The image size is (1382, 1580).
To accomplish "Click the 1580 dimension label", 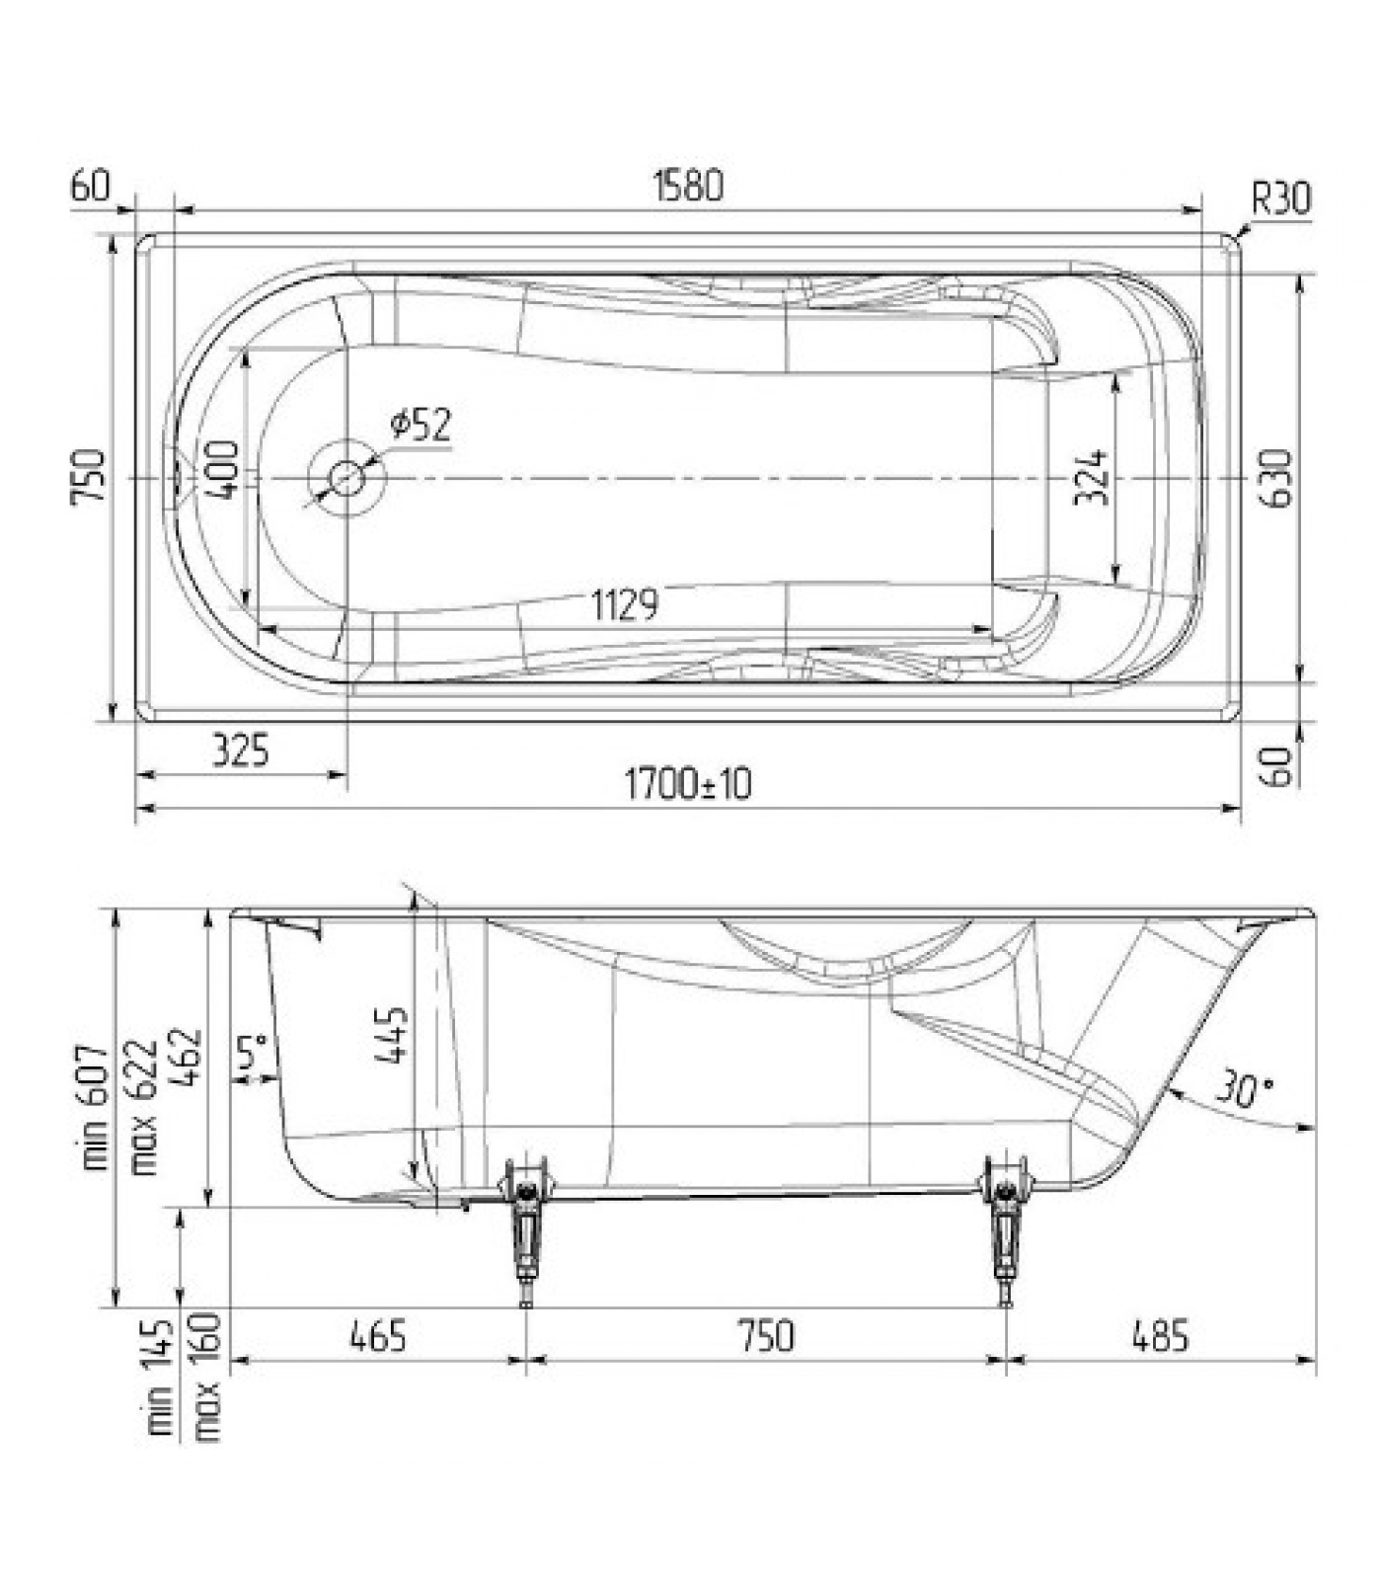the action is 688,186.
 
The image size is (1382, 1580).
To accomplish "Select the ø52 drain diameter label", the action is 421,424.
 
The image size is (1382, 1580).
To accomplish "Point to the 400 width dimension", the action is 223,470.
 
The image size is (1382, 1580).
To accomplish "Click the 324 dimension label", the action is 1090,477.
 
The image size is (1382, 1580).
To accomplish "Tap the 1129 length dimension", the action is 625,603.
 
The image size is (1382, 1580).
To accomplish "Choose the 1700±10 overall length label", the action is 688,784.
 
